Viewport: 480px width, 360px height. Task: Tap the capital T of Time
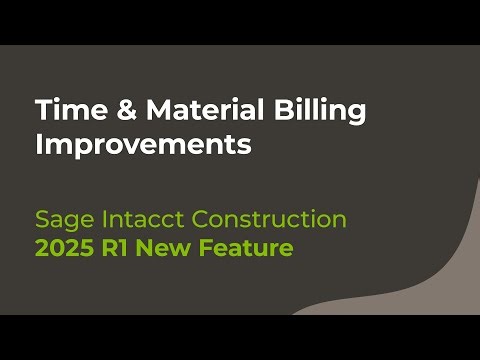(43, 110)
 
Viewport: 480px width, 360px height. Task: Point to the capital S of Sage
(42, 219)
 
